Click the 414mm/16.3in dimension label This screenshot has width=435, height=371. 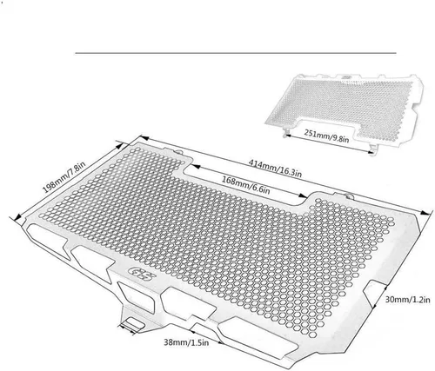(x=275, y=169)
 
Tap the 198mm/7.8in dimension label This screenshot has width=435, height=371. (x=64, y=177)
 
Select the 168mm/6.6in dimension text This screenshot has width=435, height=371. (x=246, y=185)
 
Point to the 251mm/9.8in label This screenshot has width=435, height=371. (x=326, y=136)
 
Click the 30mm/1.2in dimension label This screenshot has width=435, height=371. (x=407, y=300)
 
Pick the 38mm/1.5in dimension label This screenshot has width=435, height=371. (x=186, y=342)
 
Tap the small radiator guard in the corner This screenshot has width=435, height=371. (x=345, y=109)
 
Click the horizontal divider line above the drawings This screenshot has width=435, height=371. (x=236, y=53)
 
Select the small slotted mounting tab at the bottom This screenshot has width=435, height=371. (x=133, y=323)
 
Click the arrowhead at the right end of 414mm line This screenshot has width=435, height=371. (x=425, y=213)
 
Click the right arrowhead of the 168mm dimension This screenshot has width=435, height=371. (x=303, y=196)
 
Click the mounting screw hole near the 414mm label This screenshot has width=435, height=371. (x=179, y=151)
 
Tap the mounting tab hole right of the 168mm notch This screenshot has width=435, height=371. (x=350, y=196)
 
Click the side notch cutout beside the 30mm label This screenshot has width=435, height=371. (x=374, y=293)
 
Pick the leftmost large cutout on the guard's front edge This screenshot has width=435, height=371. (x=48, y=240)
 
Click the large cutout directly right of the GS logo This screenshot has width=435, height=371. (x=189, y=303)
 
